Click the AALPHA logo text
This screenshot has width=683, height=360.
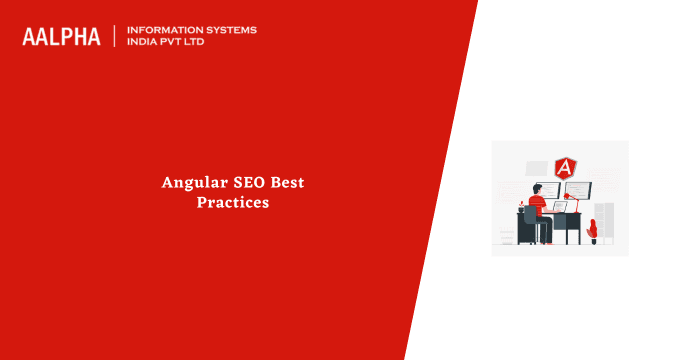[61, 36]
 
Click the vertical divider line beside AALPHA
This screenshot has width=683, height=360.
[115, 36]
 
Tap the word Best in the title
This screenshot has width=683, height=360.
[288, 183]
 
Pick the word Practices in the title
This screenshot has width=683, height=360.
[233, 202]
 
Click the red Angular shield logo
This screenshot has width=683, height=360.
[565, 168]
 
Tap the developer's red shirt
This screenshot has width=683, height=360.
[537, 204]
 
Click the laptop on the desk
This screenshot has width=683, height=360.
[559, 206]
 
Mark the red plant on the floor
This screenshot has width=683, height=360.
[592, 230]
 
